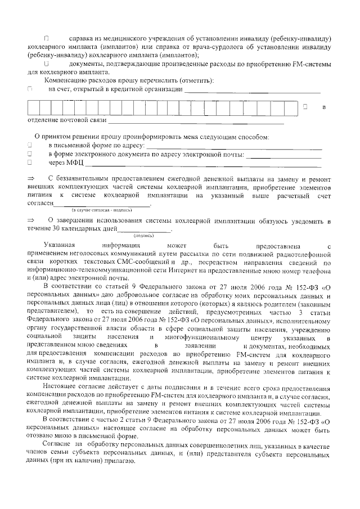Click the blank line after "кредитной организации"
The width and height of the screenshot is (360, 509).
point(253,90)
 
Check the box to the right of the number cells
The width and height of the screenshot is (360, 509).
point(305,106)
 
